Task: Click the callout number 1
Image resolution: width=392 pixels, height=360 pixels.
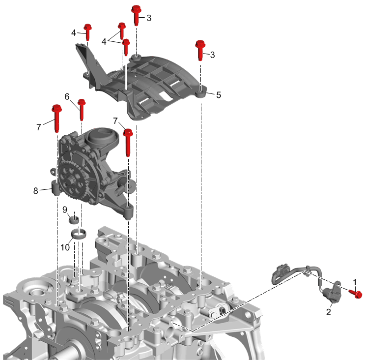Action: pos(355,282)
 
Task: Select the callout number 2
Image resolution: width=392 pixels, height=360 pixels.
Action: pos(329,312)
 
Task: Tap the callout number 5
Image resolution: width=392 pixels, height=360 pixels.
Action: pos(219,95)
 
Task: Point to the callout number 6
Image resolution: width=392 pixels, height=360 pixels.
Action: pos(67,96)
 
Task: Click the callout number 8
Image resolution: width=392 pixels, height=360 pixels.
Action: pos(36,191)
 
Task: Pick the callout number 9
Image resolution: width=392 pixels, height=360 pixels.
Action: pos(65,210)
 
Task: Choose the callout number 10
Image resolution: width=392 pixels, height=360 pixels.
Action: pos(65,247)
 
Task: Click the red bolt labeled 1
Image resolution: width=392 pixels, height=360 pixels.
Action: pos(356,294)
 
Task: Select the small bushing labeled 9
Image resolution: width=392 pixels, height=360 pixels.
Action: pos(74,220)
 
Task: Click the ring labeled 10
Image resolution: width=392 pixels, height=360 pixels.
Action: pos(79,234)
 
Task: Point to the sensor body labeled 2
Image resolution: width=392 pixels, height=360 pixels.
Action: pos(332,294)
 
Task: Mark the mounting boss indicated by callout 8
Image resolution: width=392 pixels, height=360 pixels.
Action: pos(56,188)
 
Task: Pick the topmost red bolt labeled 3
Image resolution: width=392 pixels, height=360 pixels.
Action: pos(136,15)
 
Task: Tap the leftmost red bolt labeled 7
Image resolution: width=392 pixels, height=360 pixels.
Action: pos(57,118)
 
